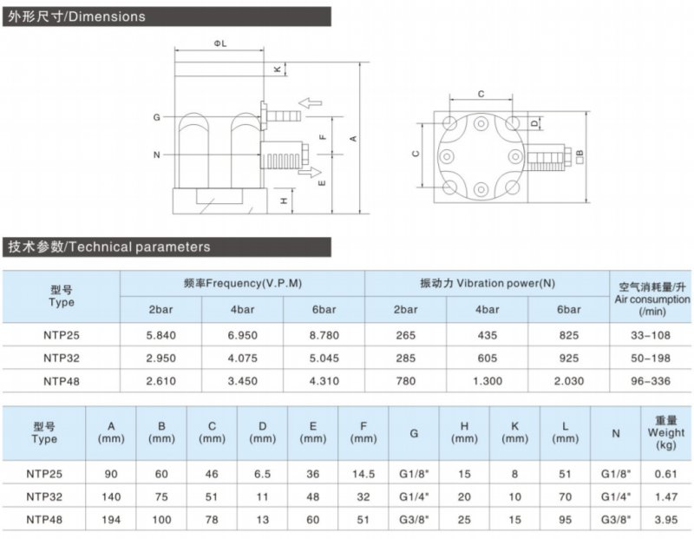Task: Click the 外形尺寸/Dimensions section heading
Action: pos(76,16)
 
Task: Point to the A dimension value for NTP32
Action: pos(111,497)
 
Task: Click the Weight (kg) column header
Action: pos(665,431)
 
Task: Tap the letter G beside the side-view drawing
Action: pos(156,116)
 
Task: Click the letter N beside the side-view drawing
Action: pos(156,155)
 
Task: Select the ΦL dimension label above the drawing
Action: pos(219,43)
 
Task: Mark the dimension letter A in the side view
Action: pos(352,137)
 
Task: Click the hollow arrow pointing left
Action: pos(311,103)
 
